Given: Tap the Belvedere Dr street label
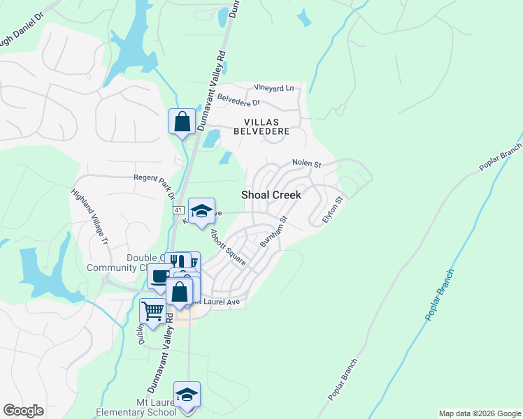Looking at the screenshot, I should tap(238, 101).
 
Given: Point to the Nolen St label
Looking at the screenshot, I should tap(306, 165).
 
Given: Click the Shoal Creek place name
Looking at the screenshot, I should tap(271, 195).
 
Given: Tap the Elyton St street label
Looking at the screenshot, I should tap(333, 210).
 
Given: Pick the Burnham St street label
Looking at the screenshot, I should tap(274, 231).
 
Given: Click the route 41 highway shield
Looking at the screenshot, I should tap(178, 209).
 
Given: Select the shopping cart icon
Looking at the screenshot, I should tap(152, 311).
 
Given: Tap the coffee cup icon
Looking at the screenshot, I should tap(159, 277).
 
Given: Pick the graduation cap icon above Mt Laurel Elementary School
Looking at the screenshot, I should tap(187, 395).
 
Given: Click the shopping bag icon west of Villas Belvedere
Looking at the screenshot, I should tap(182, 122).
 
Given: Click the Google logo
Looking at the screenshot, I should tap(24, 411).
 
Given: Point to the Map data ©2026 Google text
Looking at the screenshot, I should tap(480, 413).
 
